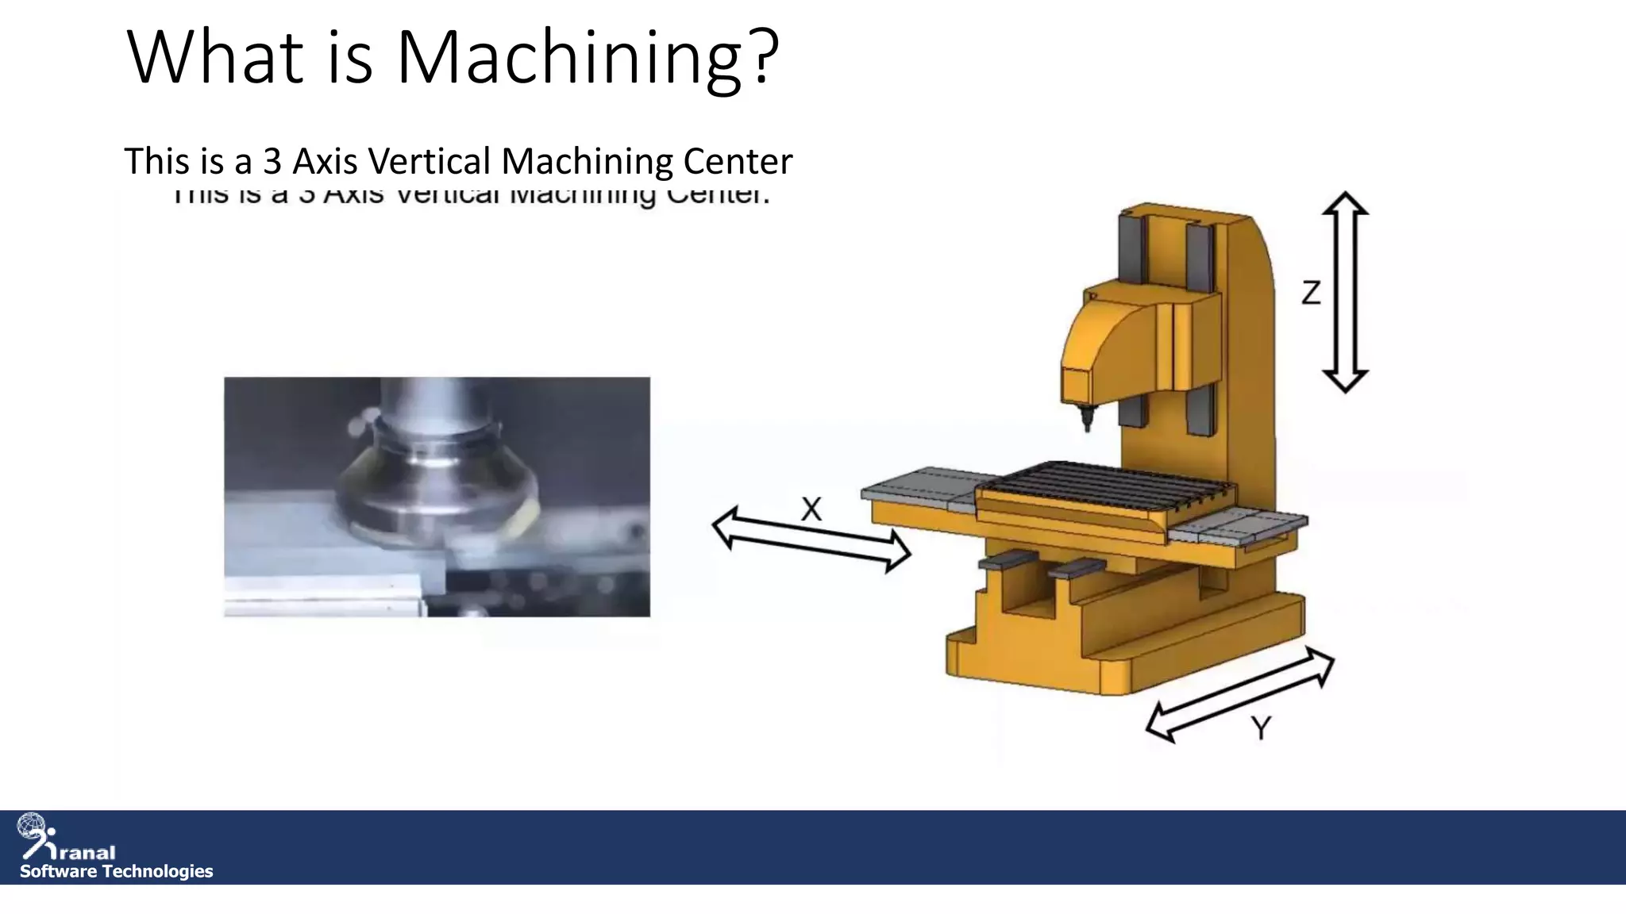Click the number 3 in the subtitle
(x=272, y=161)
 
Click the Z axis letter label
(x=1311, y=293)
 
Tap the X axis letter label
(x=811, y=509)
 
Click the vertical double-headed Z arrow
(x=1345, y=292)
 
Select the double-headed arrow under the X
(x=811, y=540)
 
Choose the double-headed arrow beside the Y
(x=1239, y=694)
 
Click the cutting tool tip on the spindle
(x=1086, y=418)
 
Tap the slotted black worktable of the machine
(x=1112, y=484)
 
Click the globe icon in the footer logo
(x=31, y=826)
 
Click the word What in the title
(x=214, y=57)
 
